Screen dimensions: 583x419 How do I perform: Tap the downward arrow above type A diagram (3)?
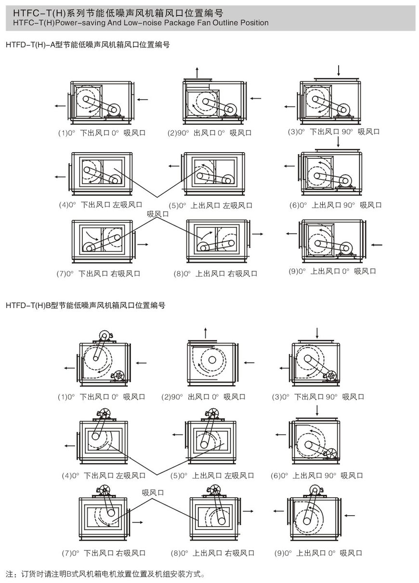[x=339, y=70]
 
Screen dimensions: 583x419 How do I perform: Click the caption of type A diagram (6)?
[x=335, y=205]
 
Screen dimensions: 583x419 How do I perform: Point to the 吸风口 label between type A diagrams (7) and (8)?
[x=158, y=214]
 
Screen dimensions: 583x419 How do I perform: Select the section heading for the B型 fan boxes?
[x=86, y=305]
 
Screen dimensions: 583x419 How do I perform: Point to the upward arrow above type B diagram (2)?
[x=206, y=333]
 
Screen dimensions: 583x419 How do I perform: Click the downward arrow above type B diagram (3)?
[x=317, y=333]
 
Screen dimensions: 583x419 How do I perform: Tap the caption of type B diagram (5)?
[x=212, y=476]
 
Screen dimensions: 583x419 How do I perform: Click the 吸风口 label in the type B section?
[x=153, y=492]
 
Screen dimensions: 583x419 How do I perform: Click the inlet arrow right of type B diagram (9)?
[x=351, y=515]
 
